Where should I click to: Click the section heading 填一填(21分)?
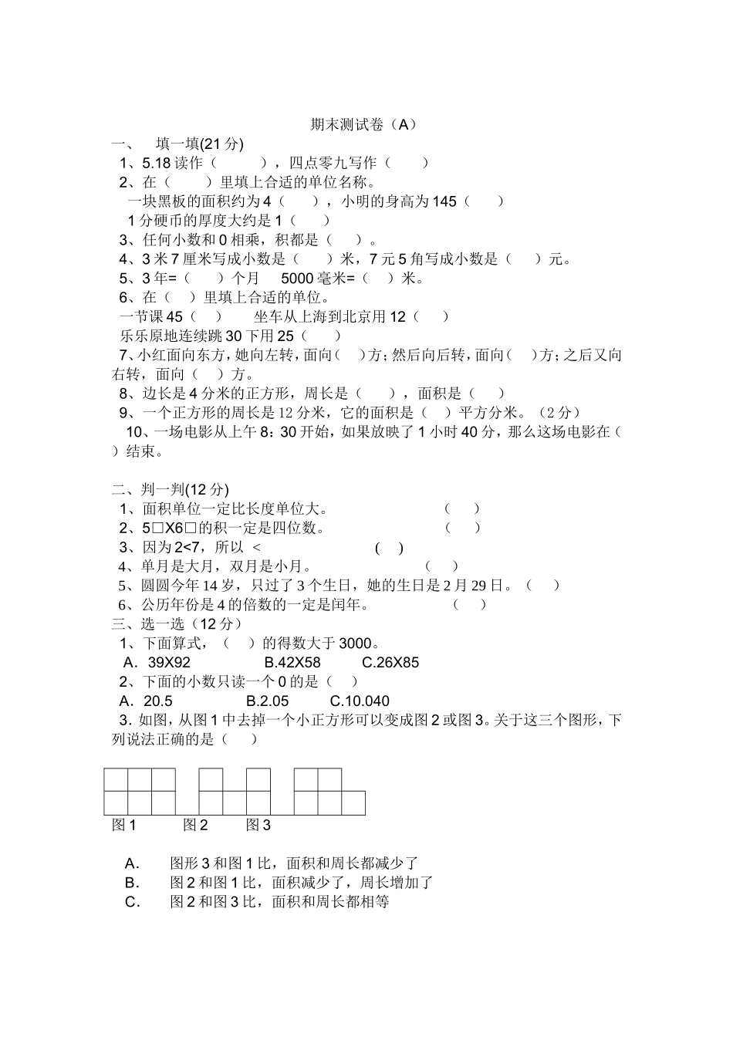199,144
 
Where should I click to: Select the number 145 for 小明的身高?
444,201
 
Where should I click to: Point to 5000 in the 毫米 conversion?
298,279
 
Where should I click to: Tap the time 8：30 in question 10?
276,432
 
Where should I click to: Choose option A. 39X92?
157,663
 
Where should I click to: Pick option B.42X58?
292,663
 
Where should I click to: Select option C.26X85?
390,663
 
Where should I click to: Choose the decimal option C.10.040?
360,701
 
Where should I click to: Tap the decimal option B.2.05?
267,701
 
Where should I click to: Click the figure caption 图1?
124,826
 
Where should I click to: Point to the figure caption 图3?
258,826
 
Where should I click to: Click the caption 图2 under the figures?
195,826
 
